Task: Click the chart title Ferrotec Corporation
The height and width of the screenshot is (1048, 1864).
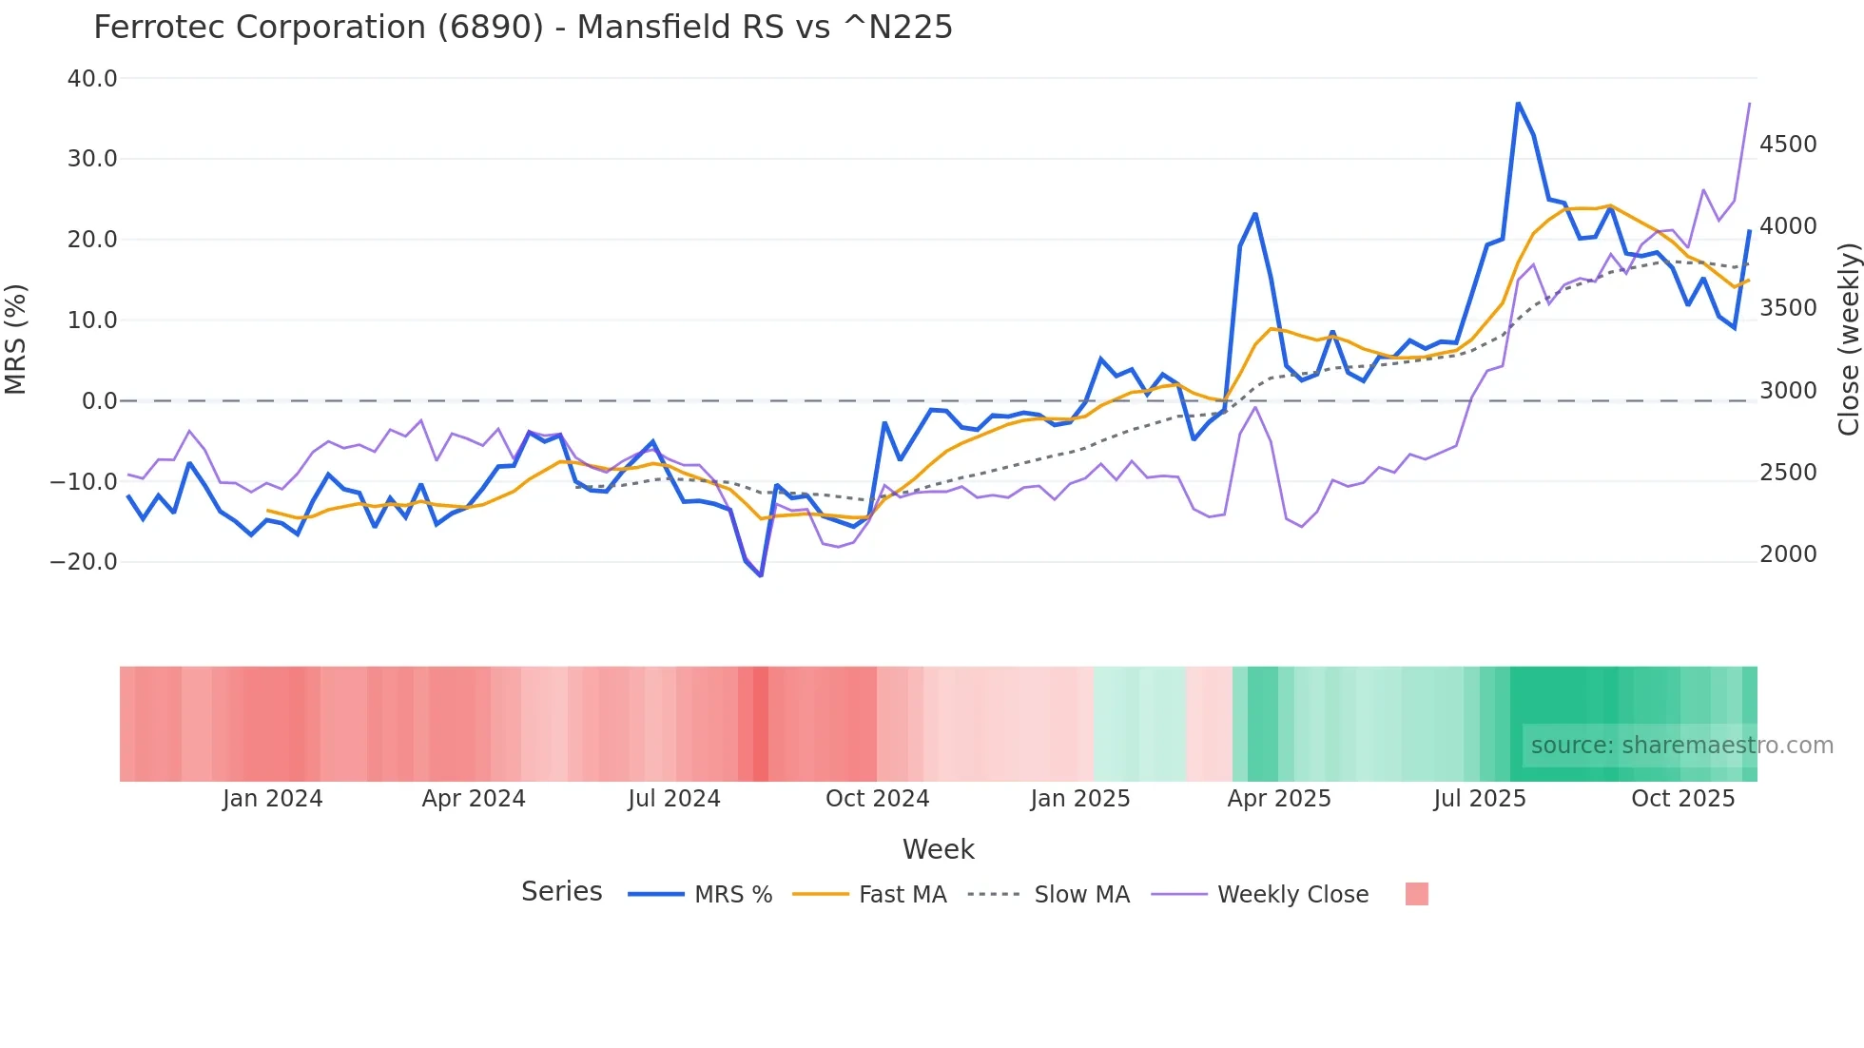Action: tap(522, 28)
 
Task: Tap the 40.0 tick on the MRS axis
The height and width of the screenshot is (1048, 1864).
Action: tap(92, 79)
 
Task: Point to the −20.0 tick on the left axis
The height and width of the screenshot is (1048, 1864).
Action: tap(85, 562)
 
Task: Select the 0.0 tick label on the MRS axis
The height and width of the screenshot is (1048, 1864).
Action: tap(99, 401)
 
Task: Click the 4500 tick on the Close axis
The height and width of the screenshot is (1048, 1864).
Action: tap(1788, 145)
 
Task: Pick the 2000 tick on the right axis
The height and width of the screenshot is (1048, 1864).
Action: tap(1788, 554)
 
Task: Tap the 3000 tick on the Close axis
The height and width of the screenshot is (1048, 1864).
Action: tap(1788, 391)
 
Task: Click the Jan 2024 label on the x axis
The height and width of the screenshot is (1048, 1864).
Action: tap(273, 799)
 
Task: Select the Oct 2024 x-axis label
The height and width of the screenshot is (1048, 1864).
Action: tap(877, 799)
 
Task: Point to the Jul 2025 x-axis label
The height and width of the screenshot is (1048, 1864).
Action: tap(1480, 799)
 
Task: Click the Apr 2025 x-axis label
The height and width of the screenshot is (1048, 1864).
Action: tap(1279, 799)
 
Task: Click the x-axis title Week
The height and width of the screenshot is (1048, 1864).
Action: tap(938, 849)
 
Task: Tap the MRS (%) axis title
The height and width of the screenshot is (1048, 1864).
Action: tap(16, 339)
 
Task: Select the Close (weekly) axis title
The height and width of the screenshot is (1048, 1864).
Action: tap(1848, 340)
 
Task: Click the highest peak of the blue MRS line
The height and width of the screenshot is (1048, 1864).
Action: tap(1518, 103)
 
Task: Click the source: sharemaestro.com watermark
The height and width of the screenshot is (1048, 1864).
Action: tap(1681, 746)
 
